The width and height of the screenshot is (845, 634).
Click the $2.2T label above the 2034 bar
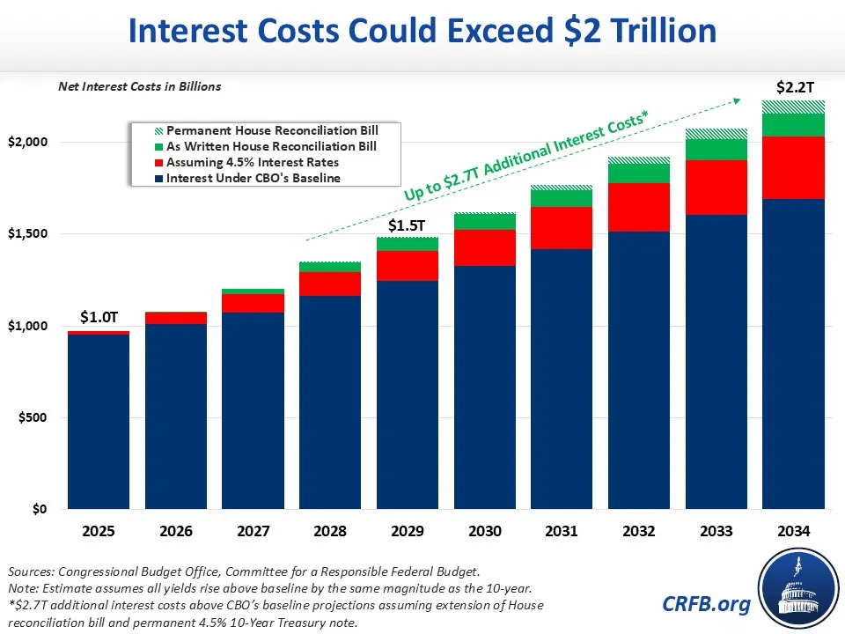pyautogui.click(x=794, y=88)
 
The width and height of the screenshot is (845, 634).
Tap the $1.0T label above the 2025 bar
pyautogui.click(x=98, y=317)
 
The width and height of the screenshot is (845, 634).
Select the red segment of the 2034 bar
pyautogui.click(x=794, y=167)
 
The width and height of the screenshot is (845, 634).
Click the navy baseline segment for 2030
pyautogui.click(x=485, y=387)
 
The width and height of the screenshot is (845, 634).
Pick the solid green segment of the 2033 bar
pyautogui.click(x=716, y=150)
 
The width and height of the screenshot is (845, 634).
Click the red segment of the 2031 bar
pyautogui.click(x=562, y=228)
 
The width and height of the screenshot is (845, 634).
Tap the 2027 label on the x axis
pyautogui.click(x=253, y=532)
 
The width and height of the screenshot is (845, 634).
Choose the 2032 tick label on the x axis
pyautogui.click(x=639, y=532)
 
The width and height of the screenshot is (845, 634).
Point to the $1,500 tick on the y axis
pyautogui.click(x=37, y=234)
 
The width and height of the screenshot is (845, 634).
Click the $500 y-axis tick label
pyautogui.click(x=40, y=417)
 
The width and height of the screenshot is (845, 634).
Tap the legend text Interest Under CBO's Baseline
pyautogui.click(x=253, y=179)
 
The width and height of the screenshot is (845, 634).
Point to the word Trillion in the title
pyautogui.click(x=651, y=32)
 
